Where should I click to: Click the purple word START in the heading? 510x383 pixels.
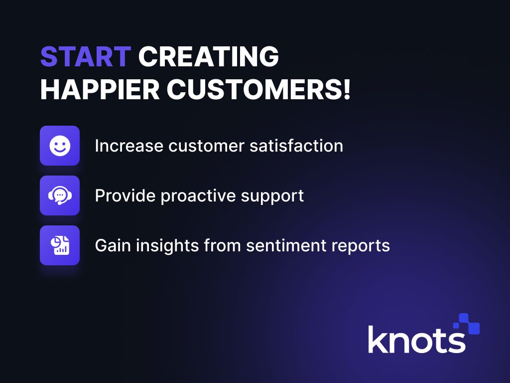coord(86,57)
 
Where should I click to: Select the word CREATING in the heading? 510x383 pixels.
coord(209,57)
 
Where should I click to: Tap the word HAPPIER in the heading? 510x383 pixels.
coord(100,90)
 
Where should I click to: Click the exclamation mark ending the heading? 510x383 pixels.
coord(347,89)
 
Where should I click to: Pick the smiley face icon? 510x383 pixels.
coord(60,146)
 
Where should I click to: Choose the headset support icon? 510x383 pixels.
coord(60,195)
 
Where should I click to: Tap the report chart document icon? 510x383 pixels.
coord(60,245)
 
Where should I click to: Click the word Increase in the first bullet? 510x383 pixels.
coord(129,146)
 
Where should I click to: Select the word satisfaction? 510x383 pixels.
coord(296,145)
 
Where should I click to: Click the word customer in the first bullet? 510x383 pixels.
coord(207,146)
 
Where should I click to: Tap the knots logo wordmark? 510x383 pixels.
coord(417,340)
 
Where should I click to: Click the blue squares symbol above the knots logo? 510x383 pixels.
coord(467,324)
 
